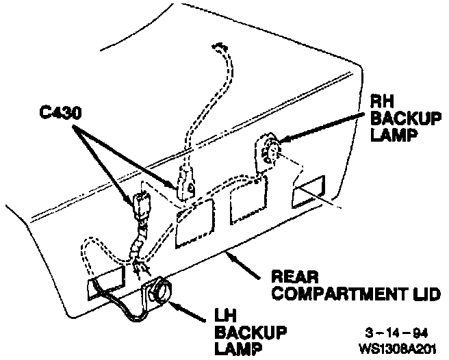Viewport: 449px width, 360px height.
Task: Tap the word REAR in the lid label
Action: click(x=291, y=277)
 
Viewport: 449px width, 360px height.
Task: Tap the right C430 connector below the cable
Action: click(x=186, y=183)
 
